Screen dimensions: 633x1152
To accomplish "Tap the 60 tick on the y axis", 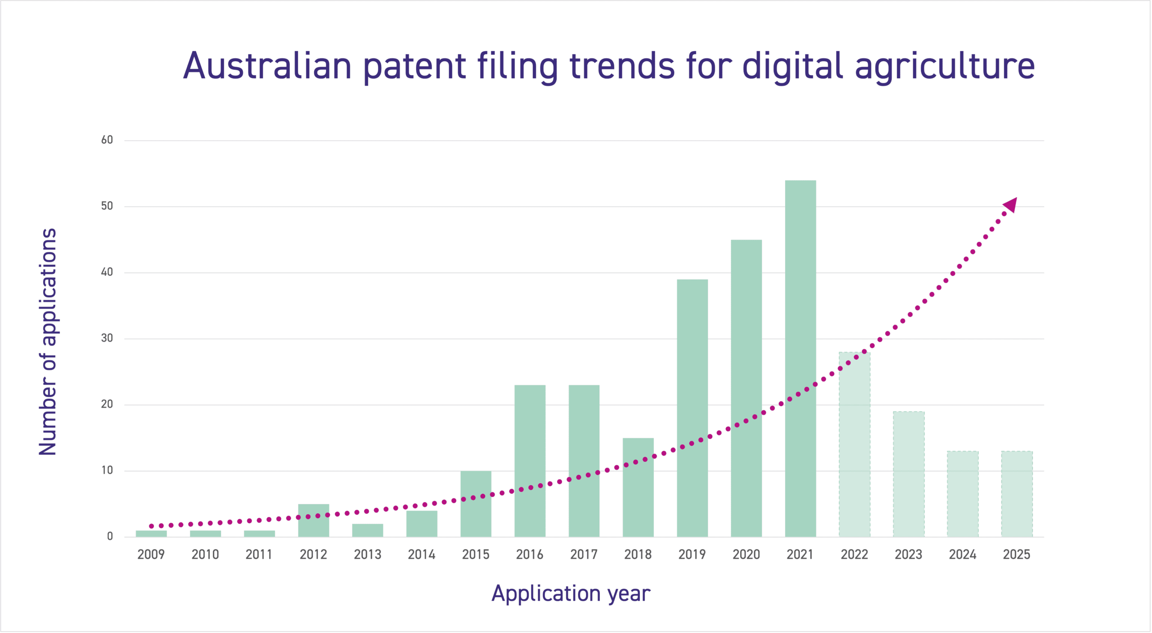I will [x=107, y=140].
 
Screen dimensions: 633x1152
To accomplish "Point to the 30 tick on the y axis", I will [x=107, y=338].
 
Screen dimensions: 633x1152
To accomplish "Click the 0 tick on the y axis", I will [x=110, y=536].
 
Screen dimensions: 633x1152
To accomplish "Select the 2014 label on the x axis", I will [x=421, y=554].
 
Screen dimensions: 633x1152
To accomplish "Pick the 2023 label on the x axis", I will [x=908, y=554].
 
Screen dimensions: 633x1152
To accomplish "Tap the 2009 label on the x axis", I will [x=151, y=554].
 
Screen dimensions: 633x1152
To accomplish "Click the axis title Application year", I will [x=571, y=593].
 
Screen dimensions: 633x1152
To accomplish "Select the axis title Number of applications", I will [x=48, y=342].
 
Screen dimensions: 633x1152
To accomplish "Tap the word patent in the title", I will [x=414, y=66].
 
